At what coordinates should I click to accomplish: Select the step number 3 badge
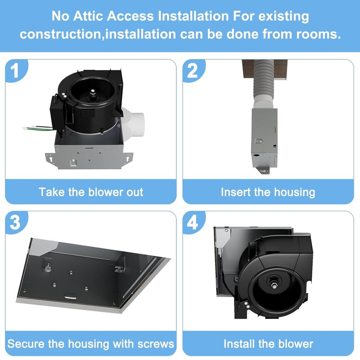[x=15, y=223]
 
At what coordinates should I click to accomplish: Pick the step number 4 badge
[x=193, y=223]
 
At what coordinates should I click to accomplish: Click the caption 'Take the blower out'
[x=91, y=192]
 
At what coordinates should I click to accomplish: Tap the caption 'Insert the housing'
[x=268, y=192]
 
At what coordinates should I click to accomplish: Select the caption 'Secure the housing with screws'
[x=91, y=344]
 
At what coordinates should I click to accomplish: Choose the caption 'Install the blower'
[x=268, y=344]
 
